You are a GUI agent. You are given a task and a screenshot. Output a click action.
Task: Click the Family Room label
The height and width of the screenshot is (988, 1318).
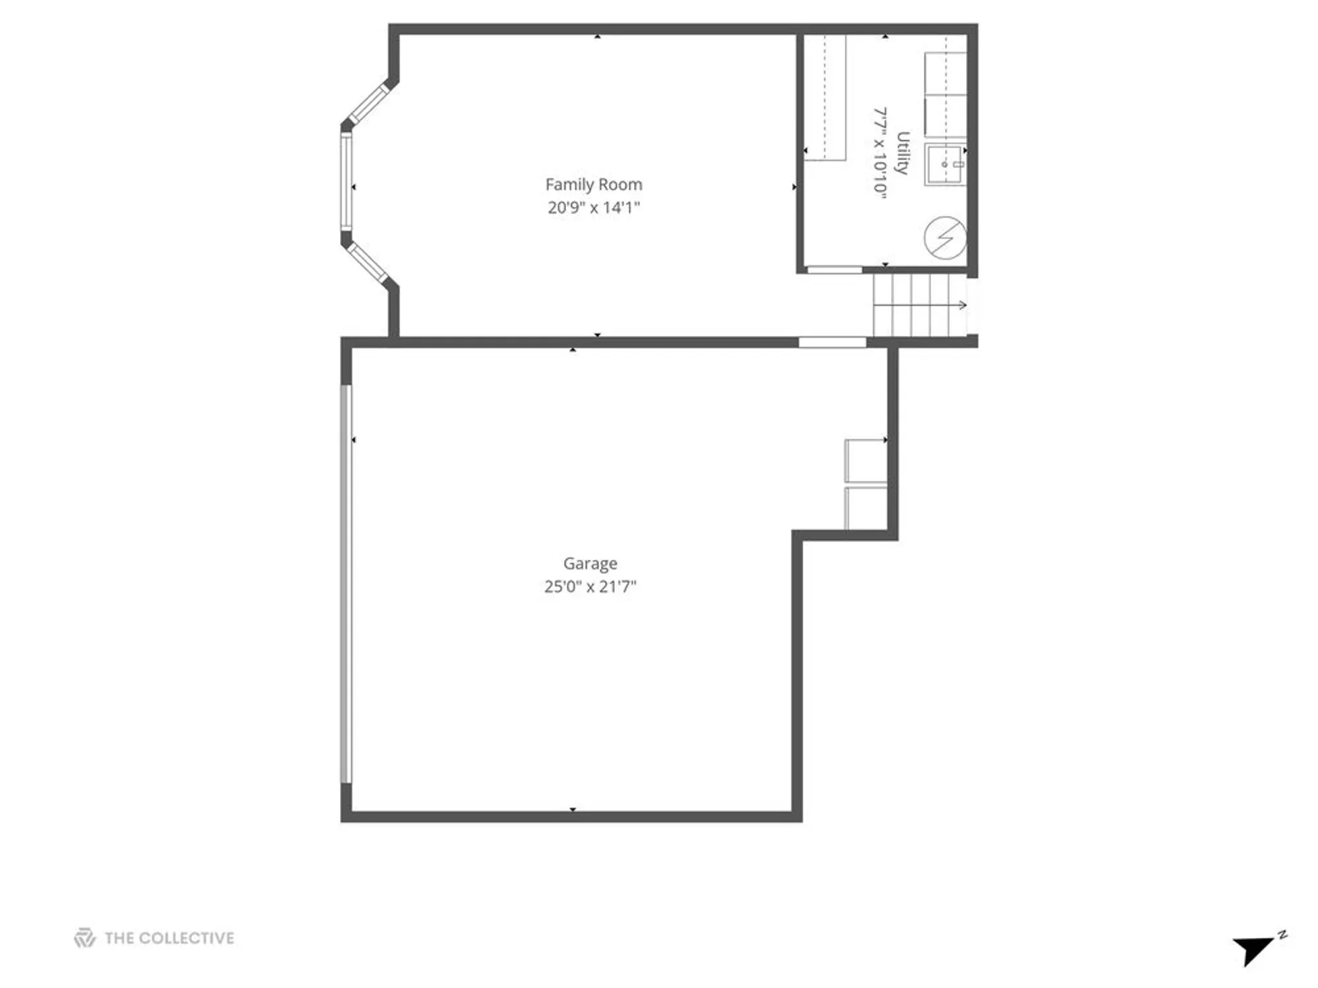[x=593, y=184]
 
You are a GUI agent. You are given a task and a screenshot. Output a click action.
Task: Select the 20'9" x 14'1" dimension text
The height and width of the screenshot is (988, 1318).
[x=593, y=207]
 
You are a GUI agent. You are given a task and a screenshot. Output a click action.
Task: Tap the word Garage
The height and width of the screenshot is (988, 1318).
[x=590, y=563]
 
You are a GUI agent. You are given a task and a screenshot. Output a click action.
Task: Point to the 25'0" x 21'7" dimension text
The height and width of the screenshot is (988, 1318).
[x=590, y=586]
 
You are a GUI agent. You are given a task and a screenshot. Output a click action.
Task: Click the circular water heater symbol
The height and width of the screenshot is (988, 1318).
[x=945, y=237]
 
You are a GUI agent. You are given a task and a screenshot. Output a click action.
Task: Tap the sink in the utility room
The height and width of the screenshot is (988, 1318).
[x=944, y=165]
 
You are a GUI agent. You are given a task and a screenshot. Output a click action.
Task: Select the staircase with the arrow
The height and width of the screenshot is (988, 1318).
[x=919, y=305]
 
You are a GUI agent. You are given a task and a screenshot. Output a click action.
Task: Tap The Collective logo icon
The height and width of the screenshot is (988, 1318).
[x=85, y=937]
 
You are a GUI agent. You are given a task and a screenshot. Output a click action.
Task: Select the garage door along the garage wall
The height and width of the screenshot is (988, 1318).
[x=346, y=584]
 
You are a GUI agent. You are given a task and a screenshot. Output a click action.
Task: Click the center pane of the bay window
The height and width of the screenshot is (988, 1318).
[x=346, y=181]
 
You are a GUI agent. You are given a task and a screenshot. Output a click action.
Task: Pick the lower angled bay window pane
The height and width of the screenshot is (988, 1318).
[x=368, y=262]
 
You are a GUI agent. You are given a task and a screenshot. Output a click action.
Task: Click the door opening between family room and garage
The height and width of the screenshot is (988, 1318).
[x=832, y=342]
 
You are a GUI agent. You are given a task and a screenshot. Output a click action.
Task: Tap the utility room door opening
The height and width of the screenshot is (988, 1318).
[x=834, y=269]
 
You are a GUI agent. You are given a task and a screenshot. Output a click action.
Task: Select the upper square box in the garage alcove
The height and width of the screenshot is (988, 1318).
[x=865, y=460]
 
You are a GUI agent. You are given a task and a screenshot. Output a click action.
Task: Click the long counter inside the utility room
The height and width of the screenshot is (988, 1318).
[x=825, y=97]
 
